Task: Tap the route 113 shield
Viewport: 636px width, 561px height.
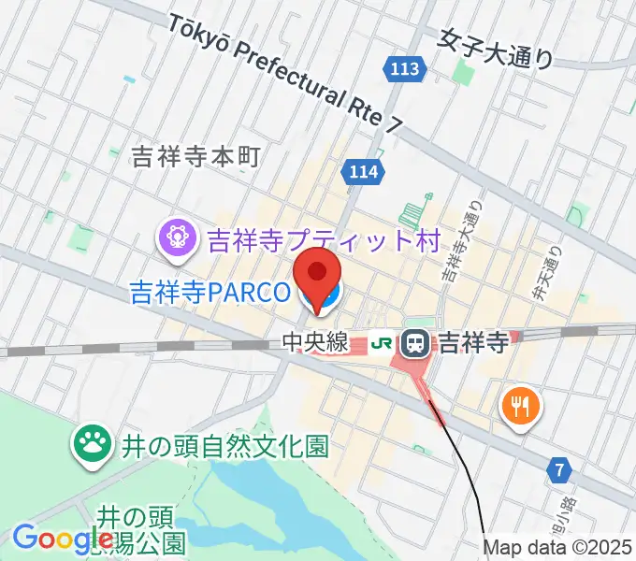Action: pos(406,68)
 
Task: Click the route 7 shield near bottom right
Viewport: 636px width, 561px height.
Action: pos(559,471)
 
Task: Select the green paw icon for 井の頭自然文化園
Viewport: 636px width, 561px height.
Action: pos(92,444)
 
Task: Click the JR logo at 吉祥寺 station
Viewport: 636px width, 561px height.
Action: pos(382,343)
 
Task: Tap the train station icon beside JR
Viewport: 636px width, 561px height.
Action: pos(414,343)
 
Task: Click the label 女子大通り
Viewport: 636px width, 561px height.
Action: pos(497,47)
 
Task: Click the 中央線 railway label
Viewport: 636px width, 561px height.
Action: pos(315,343)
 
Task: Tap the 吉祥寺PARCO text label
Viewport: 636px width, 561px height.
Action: pos(210,293)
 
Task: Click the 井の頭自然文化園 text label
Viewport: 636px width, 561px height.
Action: pos(224,446)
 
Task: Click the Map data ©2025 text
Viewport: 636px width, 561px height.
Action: pos(556,547)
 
